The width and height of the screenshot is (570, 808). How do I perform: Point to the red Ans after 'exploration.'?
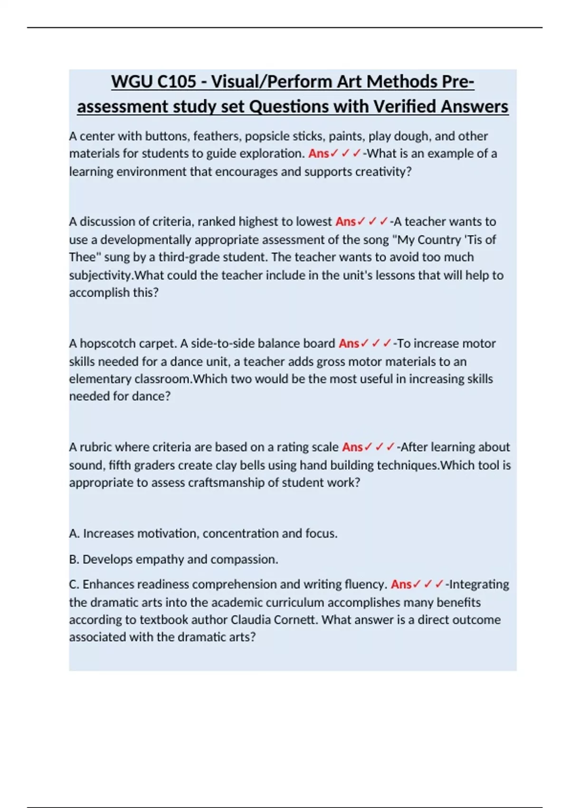tap(318, 154)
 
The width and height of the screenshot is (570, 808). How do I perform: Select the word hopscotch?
tap(104, 344)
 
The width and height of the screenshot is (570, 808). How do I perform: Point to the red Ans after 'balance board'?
tap(349, 344)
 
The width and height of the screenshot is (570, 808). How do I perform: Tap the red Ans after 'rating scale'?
tap(352, 447)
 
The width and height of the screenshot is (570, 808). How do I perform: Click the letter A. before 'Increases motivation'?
tap(74, 534)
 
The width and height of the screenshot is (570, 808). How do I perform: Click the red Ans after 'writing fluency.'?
tap(401, 585)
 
